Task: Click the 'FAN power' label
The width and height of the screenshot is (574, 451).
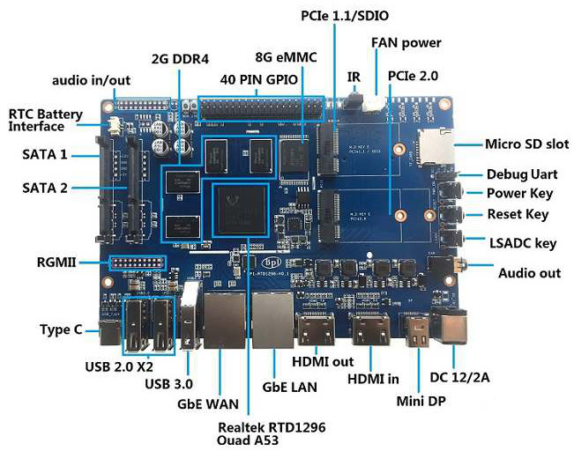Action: point(406,42)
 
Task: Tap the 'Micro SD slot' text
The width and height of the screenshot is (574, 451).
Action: point(526,144)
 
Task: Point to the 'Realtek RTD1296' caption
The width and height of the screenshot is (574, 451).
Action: point(272,426)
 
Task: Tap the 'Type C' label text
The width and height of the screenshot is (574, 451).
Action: point(61,329)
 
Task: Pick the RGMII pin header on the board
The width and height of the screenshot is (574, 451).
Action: point(137,265)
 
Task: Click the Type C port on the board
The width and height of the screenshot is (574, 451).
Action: point(110,333)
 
